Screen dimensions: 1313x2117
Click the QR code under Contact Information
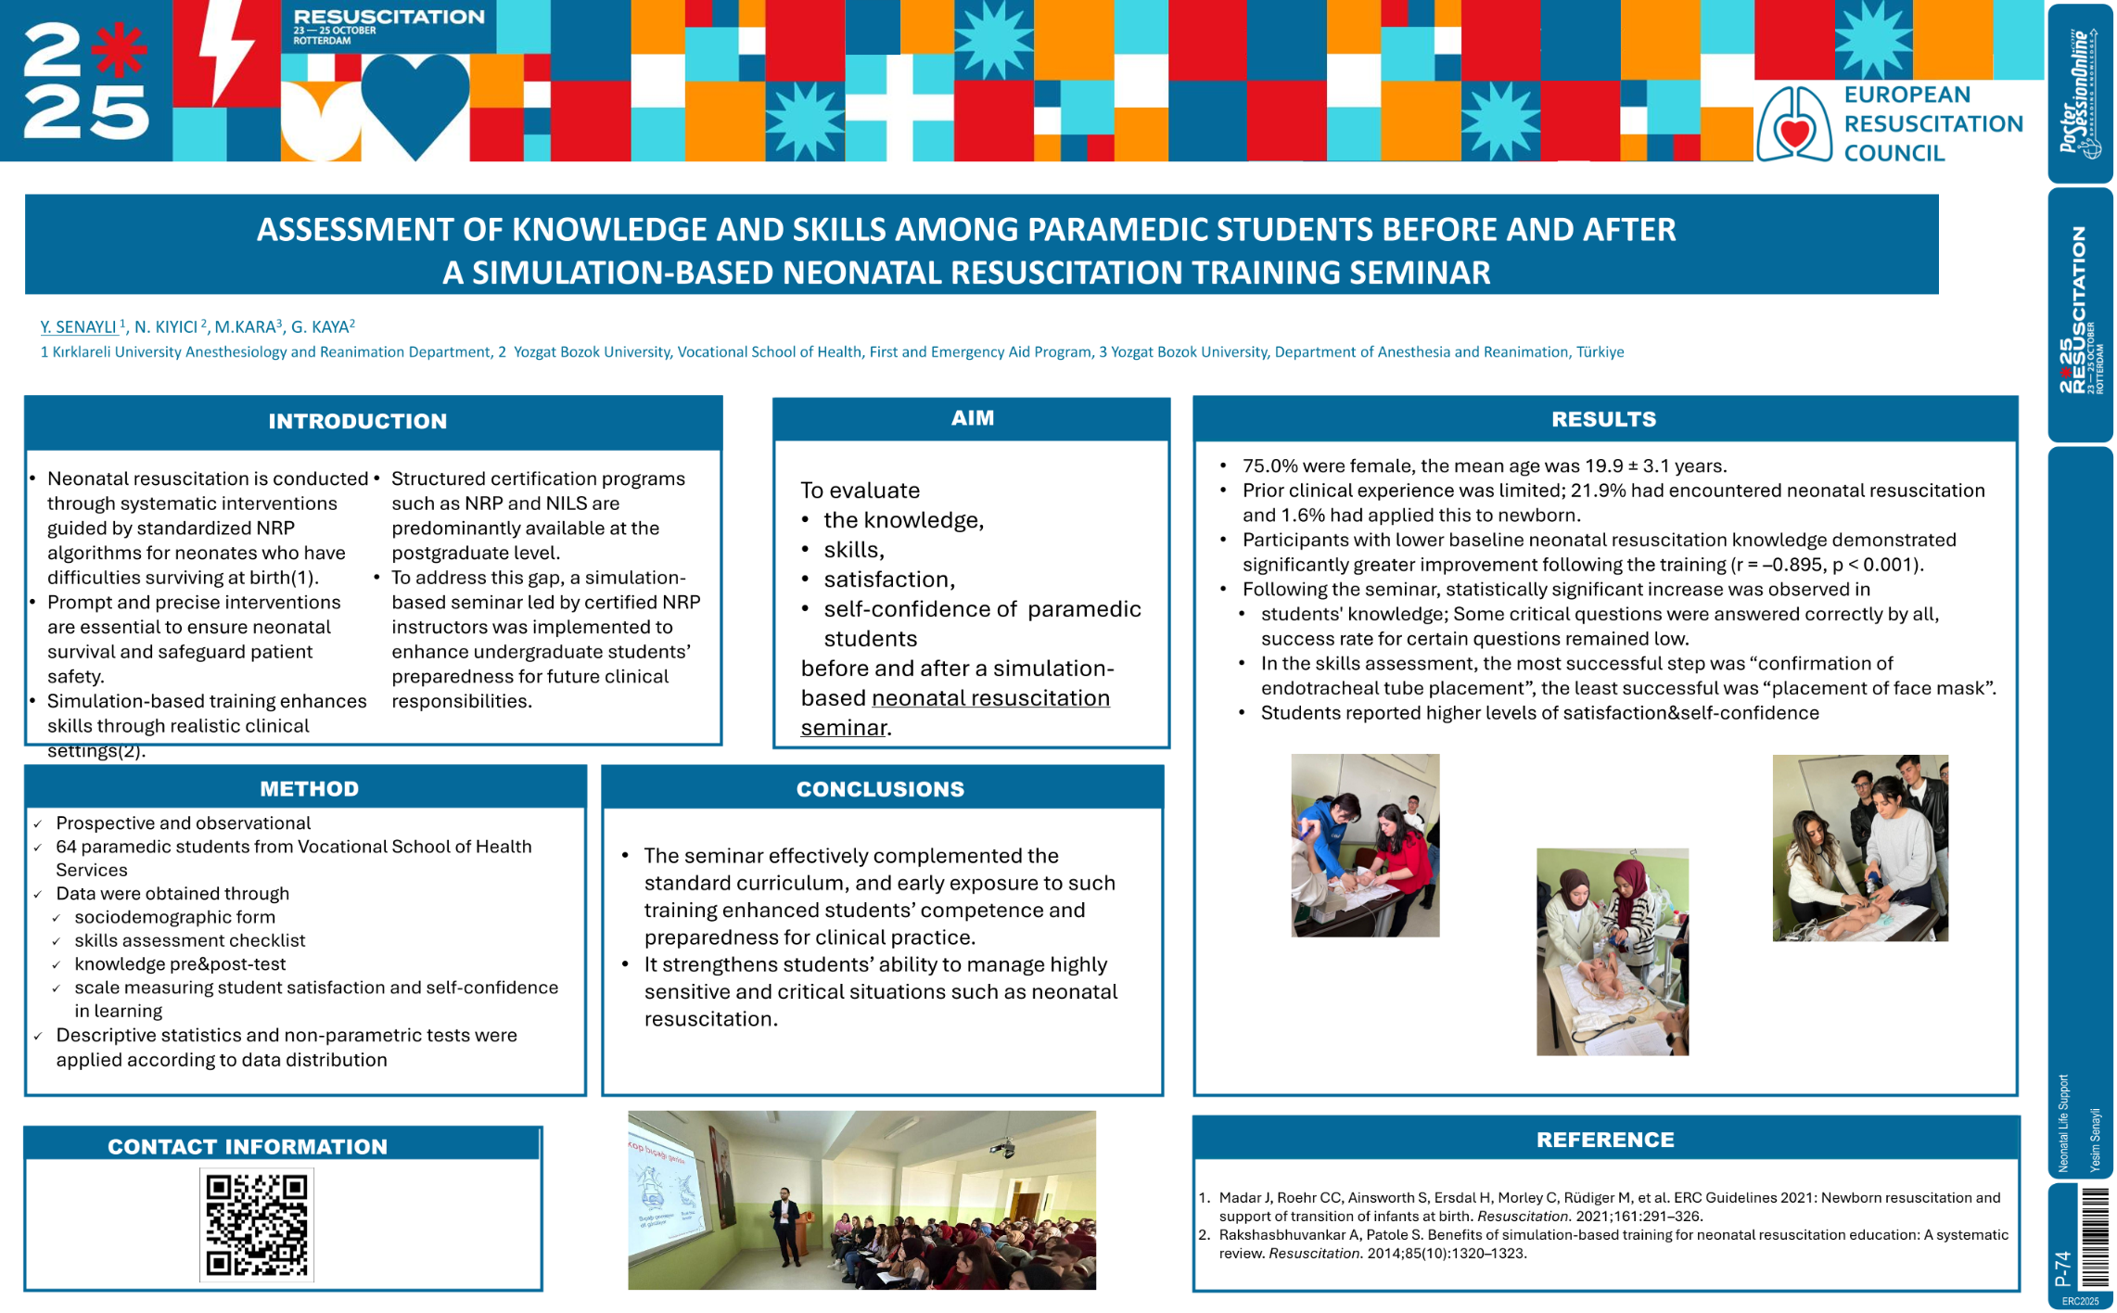(x=256, y=1224)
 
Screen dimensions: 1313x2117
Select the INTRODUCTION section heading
(x=357, y=421)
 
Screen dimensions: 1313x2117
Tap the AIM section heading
(x=972, y=418)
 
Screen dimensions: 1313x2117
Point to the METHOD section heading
(x=309, y=788)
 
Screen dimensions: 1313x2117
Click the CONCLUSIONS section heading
(x=880, y=788)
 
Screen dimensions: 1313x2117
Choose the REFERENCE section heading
(x=1604, y=1140)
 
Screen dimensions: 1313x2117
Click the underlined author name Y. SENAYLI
(x=78, y=326)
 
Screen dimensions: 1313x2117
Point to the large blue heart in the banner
(x=414, y=100)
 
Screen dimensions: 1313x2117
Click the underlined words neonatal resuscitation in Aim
(x=989, y=698)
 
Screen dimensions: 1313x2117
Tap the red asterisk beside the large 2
(x=120, y=48)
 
